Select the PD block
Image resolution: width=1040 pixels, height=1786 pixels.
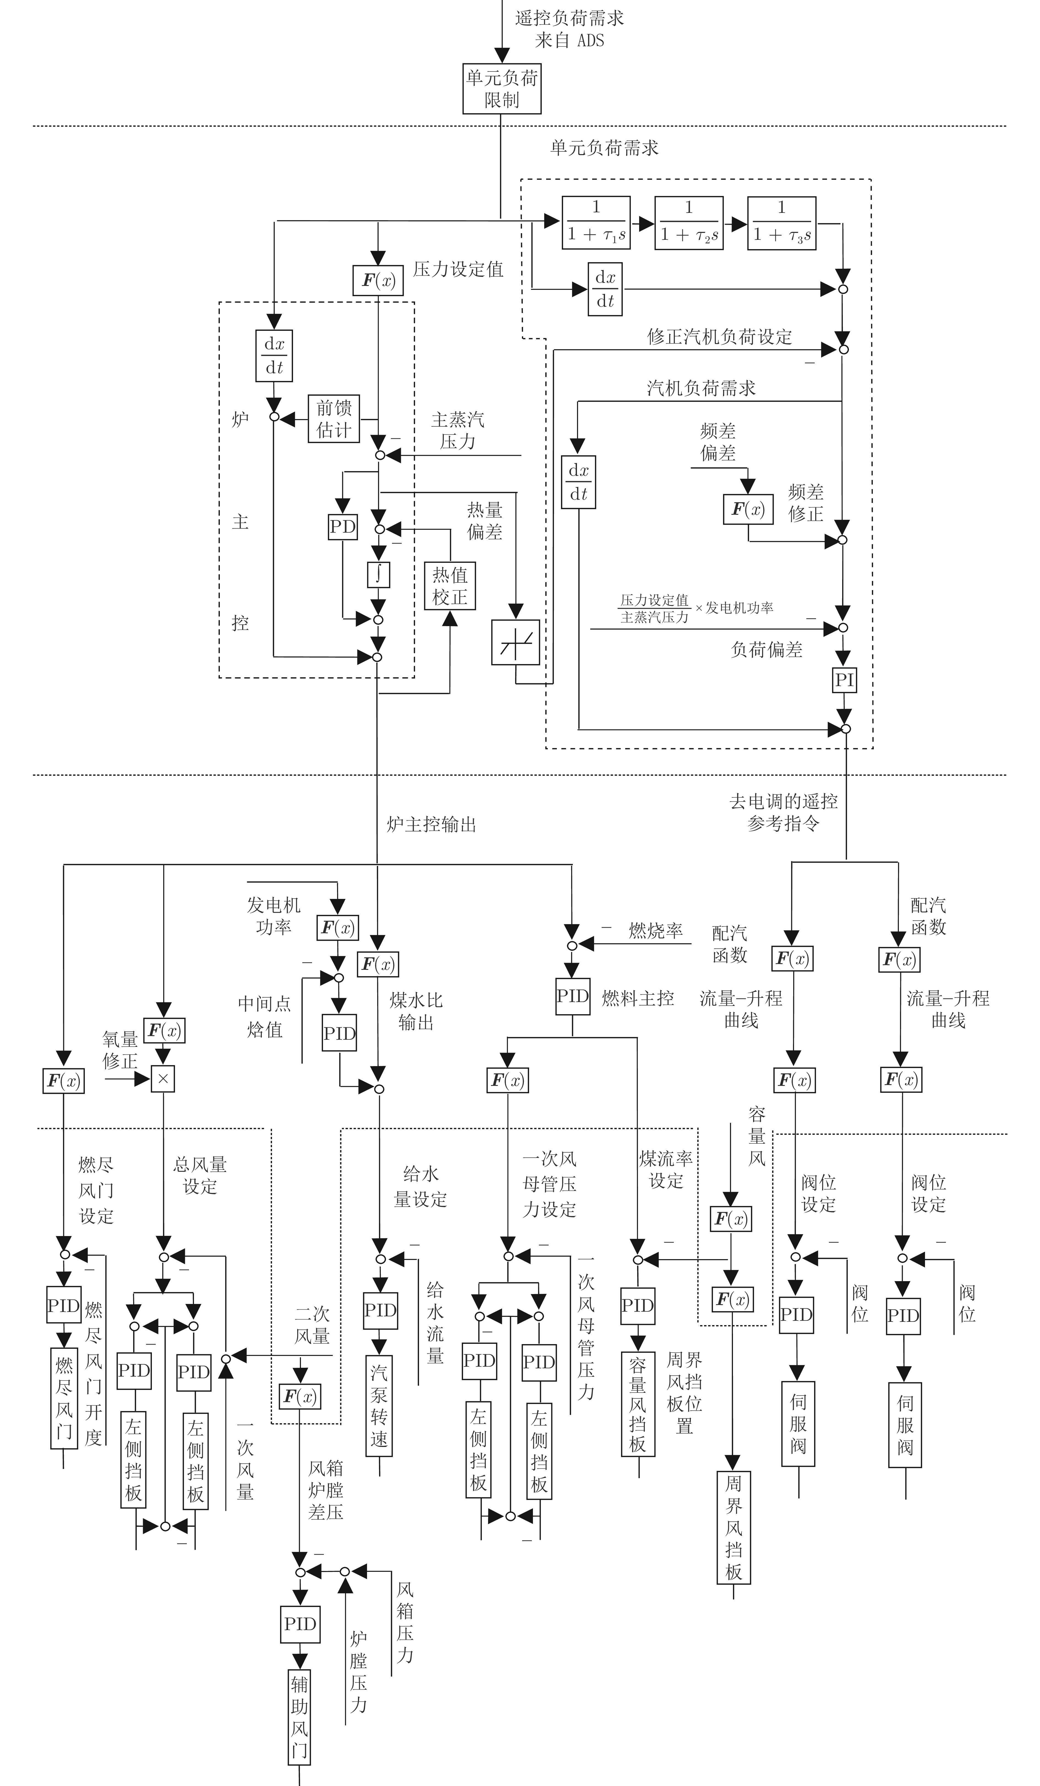(x=343, y=527)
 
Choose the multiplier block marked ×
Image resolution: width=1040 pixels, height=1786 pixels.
(x=163, y=1079)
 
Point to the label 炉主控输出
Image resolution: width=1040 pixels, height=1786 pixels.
(x=431, y=824)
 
